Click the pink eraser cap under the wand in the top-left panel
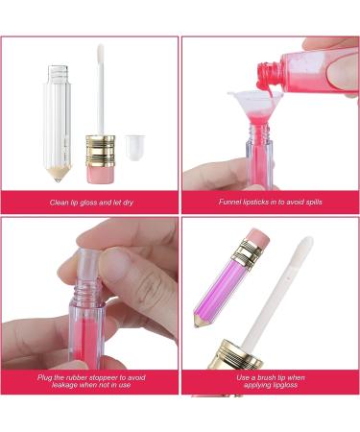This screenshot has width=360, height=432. pyautogui.click(x=101, y=171)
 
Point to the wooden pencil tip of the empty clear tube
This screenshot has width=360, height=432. pyautogui.click(x=57, y=173)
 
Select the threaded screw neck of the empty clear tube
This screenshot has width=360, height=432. pyautogui.click(x=57, y=71)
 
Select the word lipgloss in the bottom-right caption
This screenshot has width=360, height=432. pyautogui.click(x=285, y=386)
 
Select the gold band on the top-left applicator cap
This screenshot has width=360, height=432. pyautogui.click(x=101, y=148)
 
